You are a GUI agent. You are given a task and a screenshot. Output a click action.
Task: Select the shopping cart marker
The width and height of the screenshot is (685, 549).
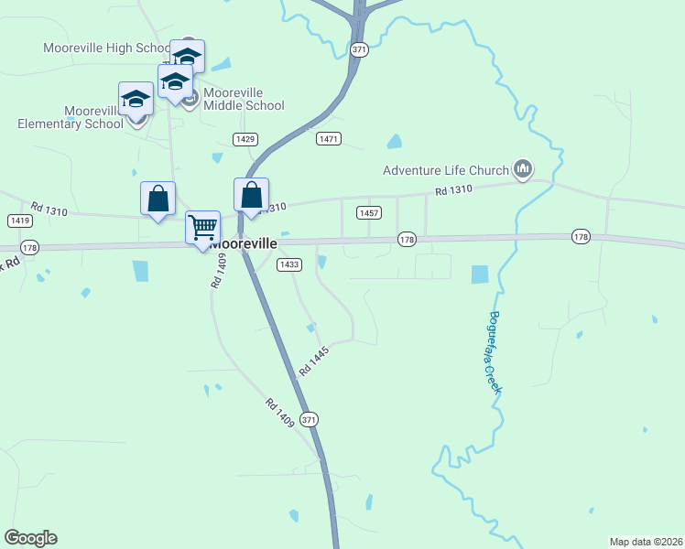coord(202,226)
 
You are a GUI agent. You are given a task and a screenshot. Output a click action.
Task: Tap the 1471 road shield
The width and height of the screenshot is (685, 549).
coord(329,139)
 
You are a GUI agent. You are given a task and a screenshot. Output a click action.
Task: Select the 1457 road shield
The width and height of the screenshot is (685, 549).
coord(369,212)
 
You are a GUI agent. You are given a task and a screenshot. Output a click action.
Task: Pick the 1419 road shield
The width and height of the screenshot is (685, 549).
coord(19,221)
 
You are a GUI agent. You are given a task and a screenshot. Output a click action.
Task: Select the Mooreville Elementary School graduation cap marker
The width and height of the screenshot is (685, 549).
coord(136,99)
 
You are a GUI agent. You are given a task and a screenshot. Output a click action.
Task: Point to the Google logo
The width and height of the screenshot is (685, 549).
coord(30,538)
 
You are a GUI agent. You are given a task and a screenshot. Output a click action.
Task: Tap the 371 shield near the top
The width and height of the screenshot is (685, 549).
coord(359,50)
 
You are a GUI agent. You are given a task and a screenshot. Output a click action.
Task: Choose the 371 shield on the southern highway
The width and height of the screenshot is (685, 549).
coord(310,419)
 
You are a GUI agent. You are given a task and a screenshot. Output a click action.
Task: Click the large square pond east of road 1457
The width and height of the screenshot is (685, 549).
coord(480,274)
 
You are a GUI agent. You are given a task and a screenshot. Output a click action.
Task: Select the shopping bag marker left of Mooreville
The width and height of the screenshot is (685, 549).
coord(158,199)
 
